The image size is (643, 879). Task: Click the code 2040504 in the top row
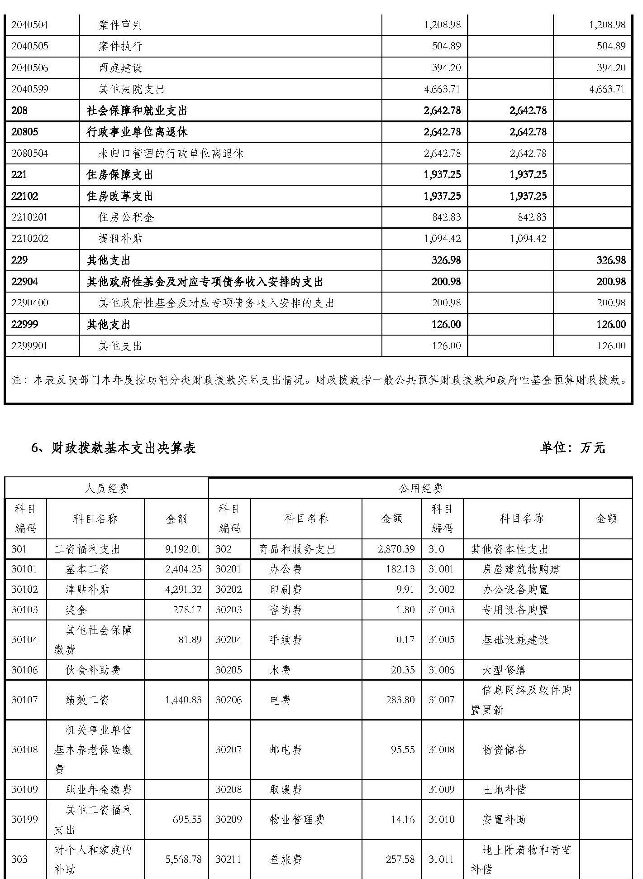29,25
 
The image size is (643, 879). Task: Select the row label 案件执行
120,46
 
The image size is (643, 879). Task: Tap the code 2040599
29,89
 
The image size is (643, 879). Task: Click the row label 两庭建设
120,68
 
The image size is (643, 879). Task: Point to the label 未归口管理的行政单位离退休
171,154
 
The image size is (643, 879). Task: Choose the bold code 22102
25,196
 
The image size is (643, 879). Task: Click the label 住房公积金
126,217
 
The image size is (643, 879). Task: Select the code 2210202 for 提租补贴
29,239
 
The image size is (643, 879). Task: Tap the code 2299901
29,346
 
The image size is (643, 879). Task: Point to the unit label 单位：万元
572,448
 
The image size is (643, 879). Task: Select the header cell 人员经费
107,488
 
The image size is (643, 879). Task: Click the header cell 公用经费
420,488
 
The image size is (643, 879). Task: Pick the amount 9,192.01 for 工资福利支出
183,549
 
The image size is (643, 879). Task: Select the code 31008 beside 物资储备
441,749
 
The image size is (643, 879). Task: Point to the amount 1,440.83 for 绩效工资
183,700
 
